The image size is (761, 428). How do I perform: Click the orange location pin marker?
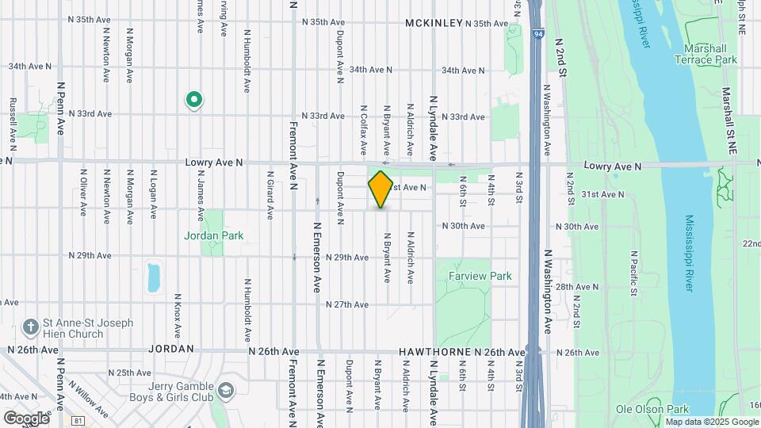pyautogui.click(x=380, y=189)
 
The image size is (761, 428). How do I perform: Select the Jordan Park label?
pyautogui.click(x=213, y=235)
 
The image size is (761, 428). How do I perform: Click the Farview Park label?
pyautogui.click(x=480, y=276)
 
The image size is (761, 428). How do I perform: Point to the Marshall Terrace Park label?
pyautogui.click(x=710, y=54)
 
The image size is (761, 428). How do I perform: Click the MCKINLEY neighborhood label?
pyautogui.click(x=434, y=23)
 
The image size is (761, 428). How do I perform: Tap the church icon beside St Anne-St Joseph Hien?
pyautogui.click(x=30, y=327)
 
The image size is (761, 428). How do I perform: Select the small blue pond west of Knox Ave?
pyautogui.click(x=154, y=277)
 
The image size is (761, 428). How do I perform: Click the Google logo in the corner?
pyautogui.click(x=26, y=418)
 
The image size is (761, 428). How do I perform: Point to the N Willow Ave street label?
pyautogui.click(x=88, y=397)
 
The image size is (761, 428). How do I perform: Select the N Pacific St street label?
pyautogui.click(x=633, y=273)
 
